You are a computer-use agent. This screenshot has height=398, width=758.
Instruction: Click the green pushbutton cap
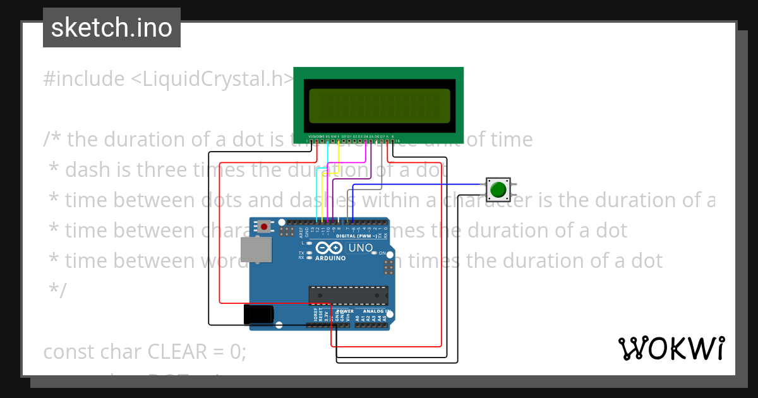498,189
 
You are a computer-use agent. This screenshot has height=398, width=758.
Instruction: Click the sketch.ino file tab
112,28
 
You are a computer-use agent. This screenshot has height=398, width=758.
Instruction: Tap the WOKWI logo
671,348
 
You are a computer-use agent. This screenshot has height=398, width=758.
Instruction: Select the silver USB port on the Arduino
257,250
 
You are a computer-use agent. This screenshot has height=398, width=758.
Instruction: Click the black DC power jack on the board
259,314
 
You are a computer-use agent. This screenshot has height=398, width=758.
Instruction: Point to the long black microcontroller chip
347,295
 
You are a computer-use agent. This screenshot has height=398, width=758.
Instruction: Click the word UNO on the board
361,248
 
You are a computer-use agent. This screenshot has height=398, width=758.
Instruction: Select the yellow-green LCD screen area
379,106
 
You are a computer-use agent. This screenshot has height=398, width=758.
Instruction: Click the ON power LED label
382,253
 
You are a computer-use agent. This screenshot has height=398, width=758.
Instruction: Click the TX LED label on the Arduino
301,253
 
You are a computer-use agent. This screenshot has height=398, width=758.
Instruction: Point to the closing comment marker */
57,291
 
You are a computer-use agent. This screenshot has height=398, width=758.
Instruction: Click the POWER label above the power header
345,311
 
